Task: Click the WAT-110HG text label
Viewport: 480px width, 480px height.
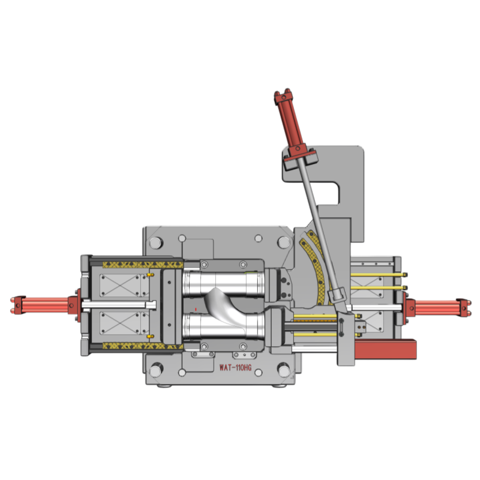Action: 235,368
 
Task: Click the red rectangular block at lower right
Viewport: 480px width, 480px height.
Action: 385,349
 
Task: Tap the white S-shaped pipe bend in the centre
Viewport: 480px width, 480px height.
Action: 226,308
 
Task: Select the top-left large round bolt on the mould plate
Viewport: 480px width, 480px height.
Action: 156,243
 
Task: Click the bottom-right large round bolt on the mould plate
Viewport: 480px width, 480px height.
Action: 283,370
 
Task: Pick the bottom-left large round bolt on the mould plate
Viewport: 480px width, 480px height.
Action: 156,371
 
